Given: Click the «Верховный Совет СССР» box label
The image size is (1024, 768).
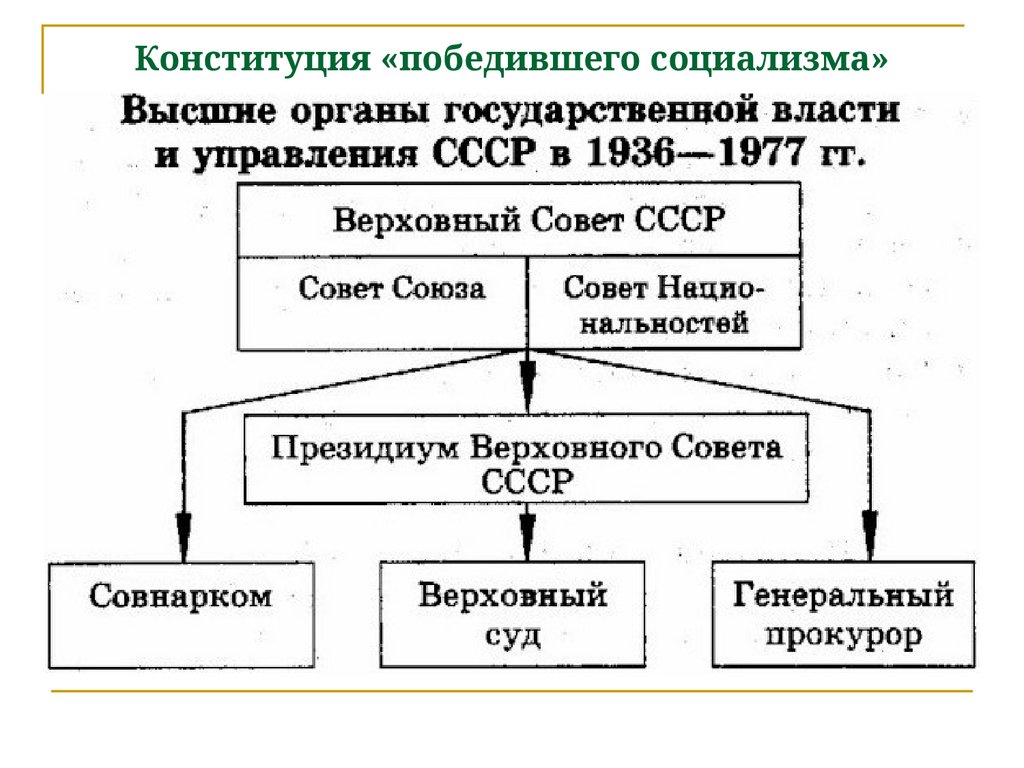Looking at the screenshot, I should click(527, 219).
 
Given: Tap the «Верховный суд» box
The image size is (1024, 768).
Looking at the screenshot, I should click(512, 614).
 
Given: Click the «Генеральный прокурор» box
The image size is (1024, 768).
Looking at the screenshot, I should click(842, 614).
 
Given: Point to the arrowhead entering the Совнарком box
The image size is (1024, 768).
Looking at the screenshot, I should click(182, 527).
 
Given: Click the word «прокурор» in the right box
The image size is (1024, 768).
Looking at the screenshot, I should click(842, 635).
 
